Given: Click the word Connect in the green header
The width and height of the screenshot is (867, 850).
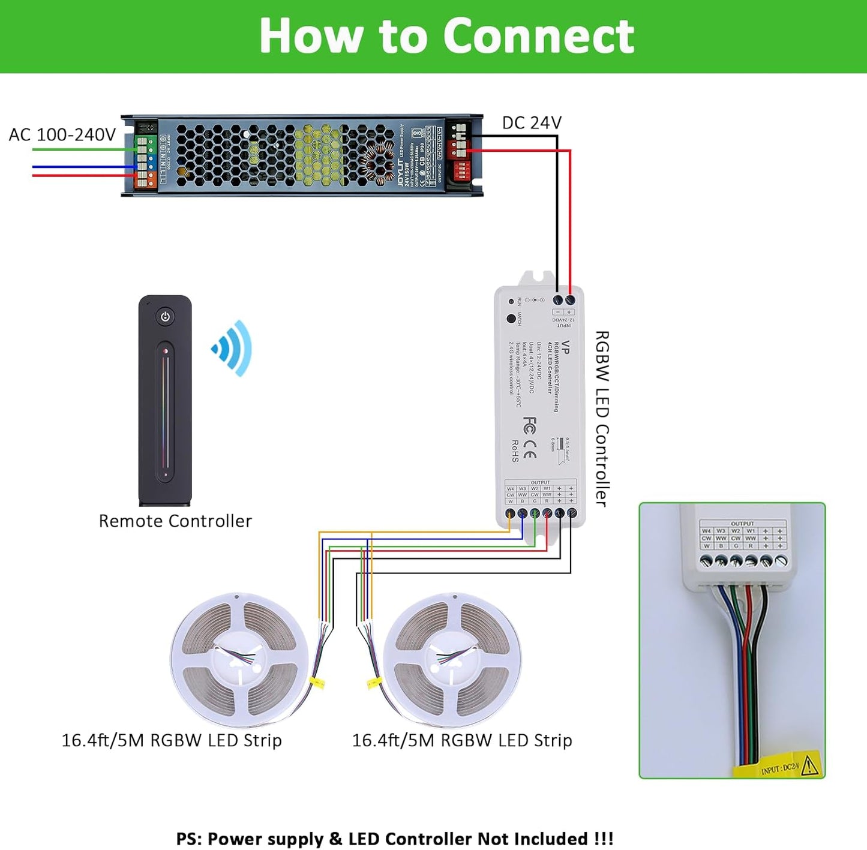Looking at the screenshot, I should [538, 36].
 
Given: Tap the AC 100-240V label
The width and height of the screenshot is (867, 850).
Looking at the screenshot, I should [62, 134].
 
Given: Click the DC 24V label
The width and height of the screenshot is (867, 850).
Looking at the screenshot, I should [532, 123].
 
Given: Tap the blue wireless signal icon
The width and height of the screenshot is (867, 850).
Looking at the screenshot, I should [232, 349].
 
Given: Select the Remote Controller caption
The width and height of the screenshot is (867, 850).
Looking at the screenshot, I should [175, 521].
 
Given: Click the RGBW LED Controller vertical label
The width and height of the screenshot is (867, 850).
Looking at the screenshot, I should [602, 418].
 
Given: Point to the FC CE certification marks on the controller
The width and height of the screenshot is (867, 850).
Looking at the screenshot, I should [529, 438].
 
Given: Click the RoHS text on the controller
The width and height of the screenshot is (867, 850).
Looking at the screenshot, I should [514, 451].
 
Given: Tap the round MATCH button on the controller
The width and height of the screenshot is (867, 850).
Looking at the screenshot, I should [511, 319].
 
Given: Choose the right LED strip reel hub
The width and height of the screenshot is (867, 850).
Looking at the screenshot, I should [451, 660].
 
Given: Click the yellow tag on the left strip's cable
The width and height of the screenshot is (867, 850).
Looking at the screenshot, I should [317, 682].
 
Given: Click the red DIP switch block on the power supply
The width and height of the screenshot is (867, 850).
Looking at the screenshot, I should [462, 170].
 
